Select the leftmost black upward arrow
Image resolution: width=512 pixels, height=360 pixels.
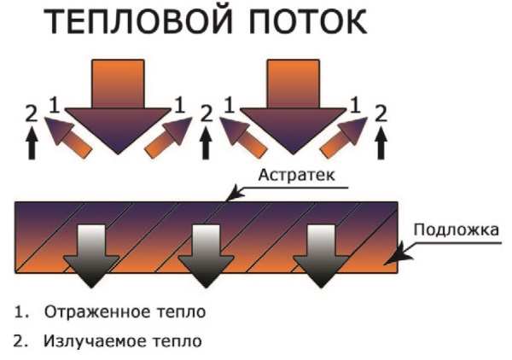point(32,143)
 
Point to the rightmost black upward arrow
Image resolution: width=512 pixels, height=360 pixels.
point(380,143)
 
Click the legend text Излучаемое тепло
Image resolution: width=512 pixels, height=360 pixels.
point(124,341)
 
